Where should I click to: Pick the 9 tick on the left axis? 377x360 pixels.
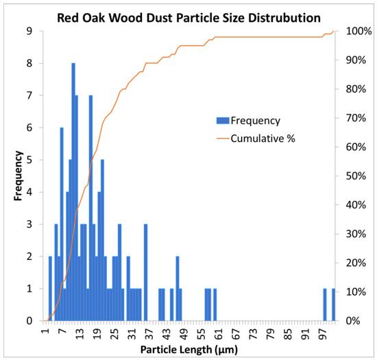pyautogui.click(x=29, y=31)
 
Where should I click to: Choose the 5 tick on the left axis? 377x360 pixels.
pyautogui.click(x=29, y=160)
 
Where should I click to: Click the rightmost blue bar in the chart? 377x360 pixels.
pyautogui.click(x=333, y=304)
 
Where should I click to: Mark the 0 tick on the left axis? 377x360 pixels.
pyautogui.click(x=29, y=321)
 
